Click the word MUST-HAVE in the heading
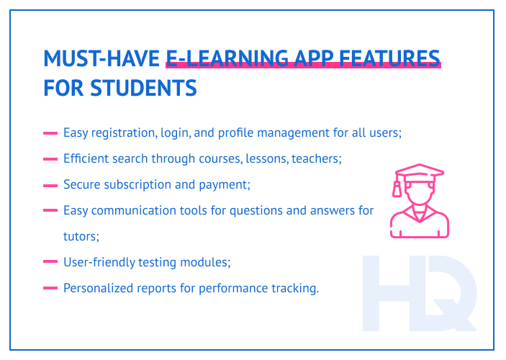click(x=101, y=58)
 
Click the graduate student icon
click(x=419, y=201)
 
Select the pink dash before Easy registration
click(x=50, y=133)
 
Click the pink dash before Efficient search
click(x=50, y=159)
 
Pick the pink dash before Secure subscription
click(x=50, y=185)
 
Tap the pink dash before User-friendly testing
click(x=50, y=262)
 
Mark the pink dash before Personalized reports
click(x=50, y=288)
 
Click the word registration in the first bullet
click(x=119, y=133)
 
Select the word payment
click(x=225, y=185)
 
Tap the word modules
click(x=208, y=262)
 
